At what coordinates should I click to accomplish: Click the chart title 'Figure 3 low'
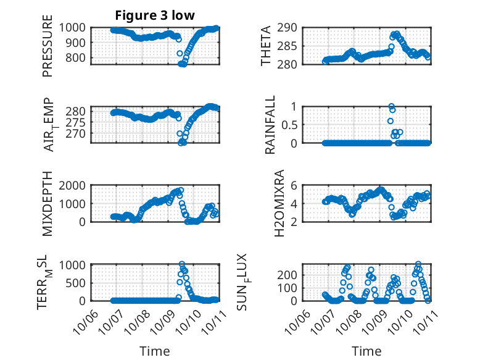[x=155, y=15]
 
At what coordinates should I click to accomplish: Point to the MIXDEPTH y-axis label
[x=48, y=204]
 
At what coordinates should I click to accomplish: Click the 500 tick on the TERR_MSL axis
[x=78, y=283]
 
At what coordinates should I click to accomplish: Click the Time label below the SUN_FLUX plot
[x=366, y=351]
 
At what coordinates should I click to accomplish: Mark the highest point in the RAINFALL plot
[x=391, y=106]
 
